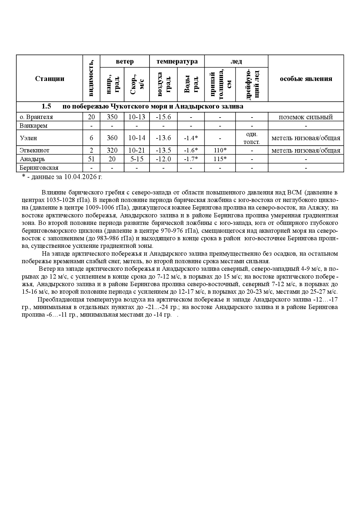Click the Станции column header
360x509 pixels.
pos(50,79)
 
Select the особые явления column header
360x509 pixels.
pos(306,79)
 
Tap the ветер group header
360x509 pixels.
pos(125,61)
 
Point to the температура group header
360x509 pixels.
pos(177,61)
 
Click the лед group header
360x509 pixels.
pos(236,61)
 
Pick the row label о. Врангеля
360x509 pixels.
pos(36,117)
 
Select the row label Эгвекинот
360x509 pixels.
pos(35,150)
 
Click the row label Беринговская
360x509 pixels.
pos(39,168)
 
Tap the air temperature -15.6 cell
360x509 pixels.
pos(163,117)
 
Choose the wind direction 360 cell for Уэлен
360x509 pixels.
pos(112,138)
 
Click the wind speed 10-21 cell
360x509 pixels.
pos(137,150)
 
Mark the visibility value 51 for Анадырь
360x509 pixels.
pos(91,159)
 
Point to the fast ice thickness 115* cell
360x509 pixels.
pos(220,159)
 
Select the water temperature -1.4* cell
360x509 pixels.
pos(191,138)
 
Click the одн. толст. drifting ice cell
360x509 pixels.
pos(252,138)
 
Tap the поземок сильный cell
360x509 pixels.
pos(306,117)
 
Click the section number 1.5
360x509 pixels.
pos(46,107)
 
